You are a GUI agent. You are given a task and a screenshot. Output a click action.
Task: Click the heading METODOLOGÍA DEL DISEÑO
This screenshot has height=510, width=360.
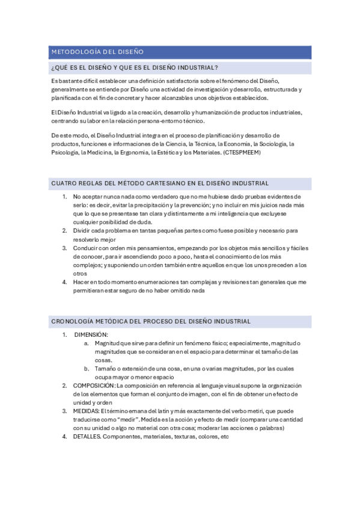click(96, 52)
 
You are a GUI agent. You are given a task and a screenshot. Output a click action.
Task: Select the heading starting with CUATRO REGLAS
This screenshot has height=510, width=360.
click(160, 183)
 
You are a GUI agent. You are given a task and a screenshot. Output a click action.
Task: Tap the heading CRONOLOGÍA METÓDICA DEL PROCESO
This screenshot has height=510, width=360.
click(151, 321)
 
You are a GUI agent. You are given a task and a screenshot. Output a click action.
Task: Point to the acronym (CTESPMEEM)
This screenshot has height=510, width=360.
click(243, 153)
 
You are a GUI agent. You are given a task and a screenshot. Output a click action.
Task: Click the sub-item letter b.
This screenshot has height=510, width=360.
click(87, 368)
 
